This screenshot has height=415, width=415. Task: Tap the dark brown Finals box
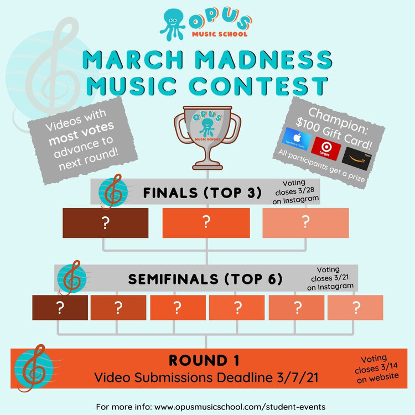pyautogui.click(x=105, y=222)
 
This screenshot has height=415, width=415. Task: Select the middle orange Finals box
pyautogui.click(x=206, y=222)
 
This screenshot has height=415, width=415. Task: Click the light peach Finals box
pyautogui.click(x=305, y=222)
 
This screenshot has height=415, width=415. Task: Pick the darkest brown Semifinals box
pyautogui.click(x=60, y=308)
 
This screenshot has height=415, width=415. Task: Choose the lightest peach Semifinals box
pyautogui.click(x=355, y=308)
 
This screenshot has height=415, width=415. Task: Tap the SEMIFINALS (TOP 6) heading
pyautogui.click(x=205, y=279)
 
